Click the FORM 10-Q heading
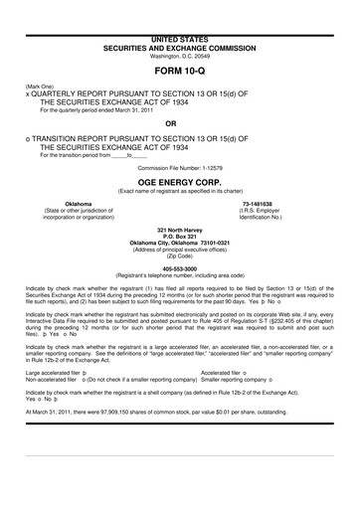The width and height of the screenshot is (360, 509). pos(179,74)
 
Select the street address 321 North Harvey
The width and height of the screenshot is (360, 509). pos(179,229)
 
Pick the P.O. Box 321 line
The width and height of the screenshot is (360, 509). pos(179,235)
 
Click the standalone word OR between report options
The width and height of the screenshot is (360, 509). pos(179,124)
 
